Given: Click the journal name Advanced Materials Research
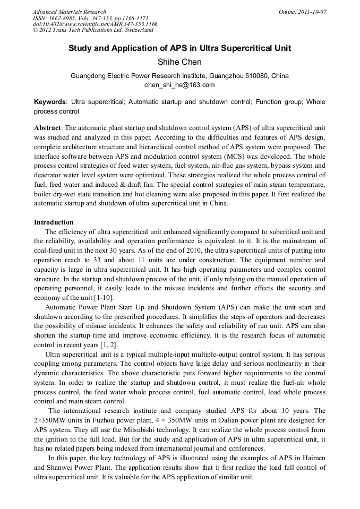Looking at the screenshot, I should coord(69,12).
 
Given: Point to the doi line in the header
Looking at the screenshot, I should coord(95,24).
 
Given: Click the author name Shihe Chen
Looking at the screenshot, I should coord(179,62).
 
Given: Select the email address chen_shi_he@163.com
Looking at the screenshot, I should coord(179,85).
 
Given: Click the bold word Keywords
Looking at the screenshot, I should coord(50,101).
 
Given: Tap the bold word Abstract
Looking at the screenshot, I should coord(48,128).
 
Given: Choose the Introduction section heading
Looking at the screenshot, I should coord(54,222).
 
